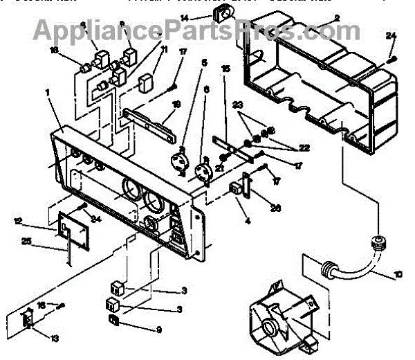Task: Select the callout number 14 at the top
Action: click(185, 17)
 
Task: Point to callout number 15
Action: click(225, 70)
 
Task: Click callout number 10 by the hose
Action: click(398, 275)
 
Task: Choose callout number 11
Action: click(165, 50)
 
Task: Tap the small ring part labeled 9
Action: click(115, 320)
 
